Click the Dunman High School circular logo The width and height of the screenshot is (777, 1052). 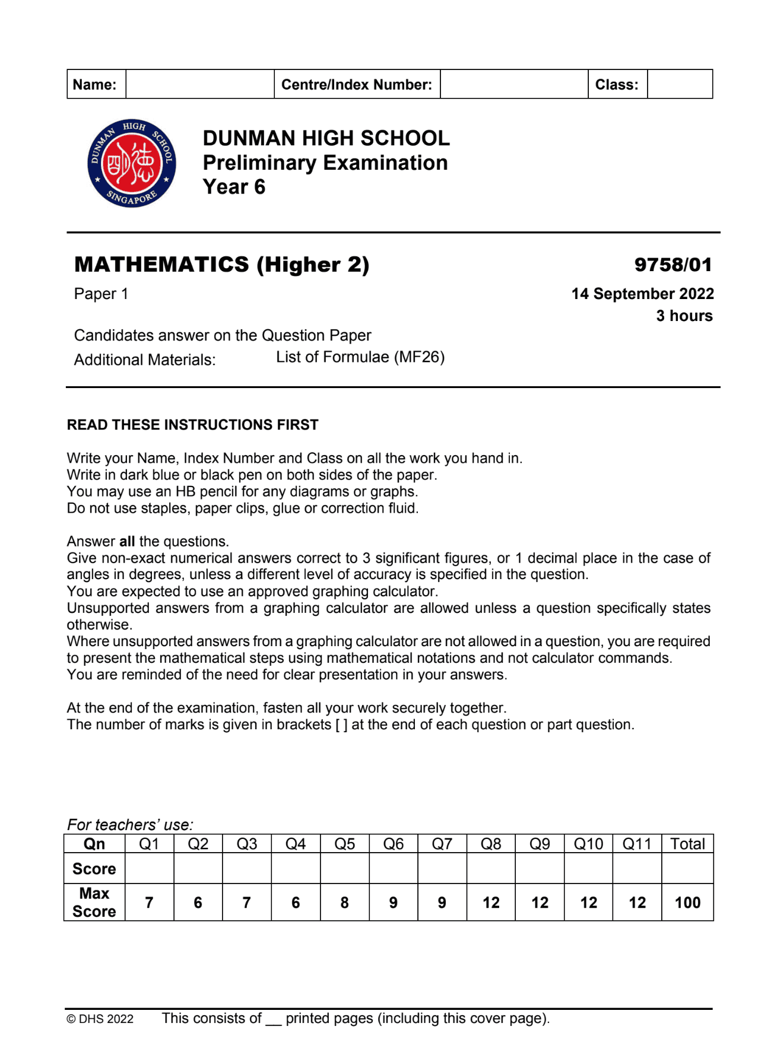coord(131,163)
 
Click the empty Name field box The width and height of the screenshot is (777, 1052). coord(199,84)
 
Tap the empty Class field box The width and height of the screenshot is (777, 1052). coord(679,84)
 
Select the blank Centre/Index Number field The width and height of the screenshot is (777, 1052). coord(513,84)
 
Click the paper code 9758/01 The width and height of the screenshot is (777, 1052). coord(673,265)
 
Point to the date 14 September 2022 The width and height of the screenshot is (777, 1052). coord(642,294)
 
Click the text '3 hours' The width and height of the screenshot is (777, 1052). coord(684,316)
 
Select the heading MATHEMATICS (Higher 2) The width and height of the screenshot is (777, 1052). coord(221,265)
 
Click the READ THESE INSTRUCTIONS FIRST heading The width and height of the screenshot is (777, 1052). coord(192,425)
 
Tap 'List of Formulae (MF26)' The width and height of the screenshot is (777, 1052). coord(360,357)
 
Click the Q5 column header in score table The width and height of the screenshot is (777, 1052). coord(344,844)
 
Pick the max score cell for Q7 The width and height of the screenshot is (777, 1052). coord(442,902)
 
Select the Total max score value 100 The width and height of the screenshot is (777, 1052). coord(687,902)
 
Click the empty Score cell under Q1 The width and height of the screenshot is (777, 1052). coord(149,869)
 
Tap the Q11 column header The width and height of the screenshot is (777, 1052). coord(637,844)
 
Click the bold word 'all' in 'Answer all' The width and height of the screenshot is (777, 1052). coord(127,541)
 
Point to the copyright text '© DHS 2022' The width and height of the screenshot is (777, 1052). coord(100,1019)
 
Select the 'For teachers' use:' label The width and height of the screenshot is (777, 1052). coord(130,825)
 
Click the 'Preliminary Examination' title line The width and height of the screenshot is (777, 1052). coord(325,163)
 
